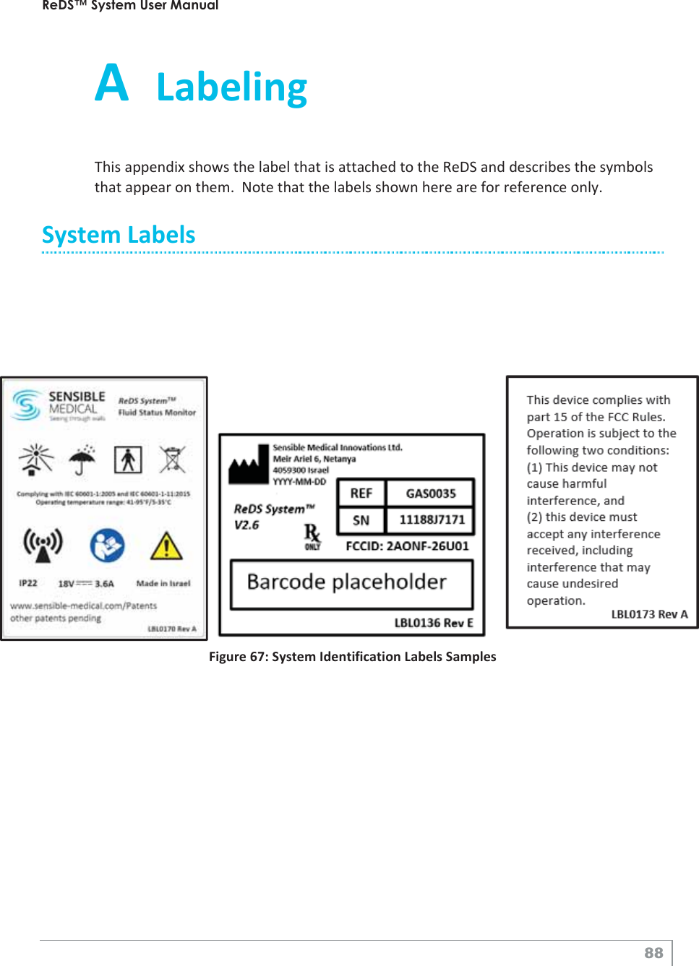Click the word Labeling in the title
click(231, 87)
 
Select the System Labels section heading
click(119, 235)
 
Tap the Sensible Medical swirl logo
click(27, 405)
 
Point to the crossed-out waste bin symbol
click(172, 460)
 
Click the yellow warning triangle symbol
click(166, 546)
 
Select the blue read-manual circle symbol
click(107, 546)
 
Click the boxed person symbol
click(128, 460)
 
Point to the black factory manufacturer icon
click(248, 465)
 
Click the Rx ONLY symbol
click(312, 537)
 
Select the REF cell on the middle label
click(361, 493)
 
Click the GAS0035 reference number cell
click(431, 493)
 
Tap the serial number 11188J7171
click(432, 520)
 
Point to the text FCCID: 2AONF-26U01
click(407, 546)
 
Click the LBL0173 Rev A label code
click(649, 614)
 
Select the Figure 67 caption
click(352, 656)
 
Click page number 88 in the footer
click(653, 953)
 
